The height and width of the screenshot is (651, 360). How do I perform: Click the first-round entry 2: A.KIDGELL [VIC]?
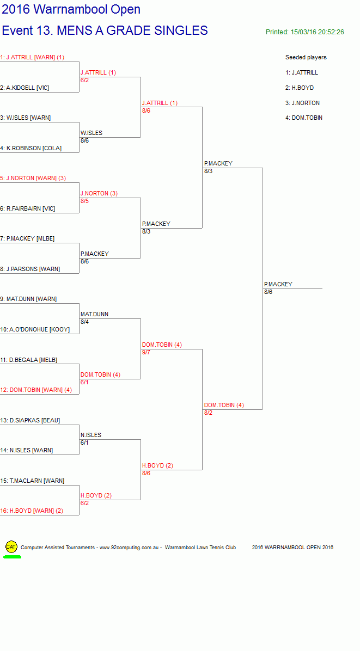point(25,88)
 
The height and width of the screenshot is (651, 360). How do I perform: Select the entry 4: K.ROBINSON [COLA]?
point(30,148)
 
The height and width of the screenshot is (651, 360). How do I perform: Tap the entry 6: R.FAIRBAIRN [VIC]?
point(27,208)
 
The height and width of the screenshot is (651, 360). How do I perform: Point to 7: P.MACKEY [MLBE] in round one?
point(27,239)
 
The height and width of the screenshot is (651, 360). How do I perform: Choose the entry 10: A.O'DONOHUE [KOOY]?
point(35,329)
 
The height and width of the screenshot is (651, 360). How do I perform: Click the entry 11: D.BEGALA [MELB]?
point(29,360)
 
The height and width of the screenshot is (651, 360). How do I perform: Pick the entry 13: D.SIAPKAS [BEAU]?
point(30,420)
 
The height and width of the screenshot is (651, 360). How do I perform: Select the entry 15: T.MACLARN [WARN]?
point(32,481)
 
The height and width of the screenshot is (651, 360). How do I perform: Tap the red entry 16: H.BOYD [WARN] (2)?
point(32,511)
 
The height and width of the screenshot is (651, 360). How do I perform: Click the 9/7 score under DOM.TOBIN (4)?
point(146,352)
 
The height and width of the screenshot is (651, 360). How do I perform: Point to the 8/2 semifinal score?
point(208,413)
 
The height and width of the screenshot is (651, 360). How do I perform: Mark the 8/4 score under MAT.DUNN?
point(85,322)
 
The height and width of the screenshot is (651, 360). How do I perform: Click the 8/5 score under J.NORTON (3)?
point(85,201)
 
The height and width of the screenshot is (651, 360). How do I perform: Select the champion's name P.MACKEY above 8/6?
point(278,284)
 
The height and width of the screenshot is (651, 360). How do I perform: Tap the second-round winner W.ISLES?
point(91,133)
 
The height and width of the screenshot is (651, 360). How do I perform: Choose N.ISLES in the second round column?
point(91,435)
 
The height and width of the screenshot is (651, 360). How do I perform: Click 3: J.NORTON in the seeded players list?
point(302,103)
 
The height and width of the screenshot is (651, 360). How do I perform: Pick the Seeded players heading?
point(306,57)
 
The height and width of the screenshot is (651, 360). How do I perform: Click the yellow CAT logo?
point(11,547)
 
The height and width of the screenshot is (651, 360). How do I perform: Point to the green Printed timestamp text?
point(305,32)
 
